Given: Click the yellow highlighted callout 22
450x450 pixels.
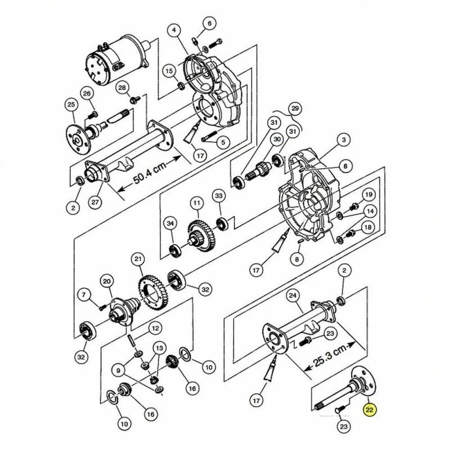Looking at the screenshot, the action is [370, 409].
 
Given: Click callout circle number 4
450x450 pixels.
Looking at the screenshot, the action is [175, 30].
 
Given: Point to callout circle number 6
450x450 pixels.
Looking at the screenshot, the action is [209, 24].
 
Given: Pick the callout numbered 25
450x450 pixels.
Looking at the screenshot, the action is [71, 105].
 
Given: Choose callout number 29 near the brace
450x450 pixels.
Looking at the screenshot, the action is [295, 109].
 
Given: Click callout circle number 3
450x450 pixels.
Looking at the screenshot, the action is [344, 140].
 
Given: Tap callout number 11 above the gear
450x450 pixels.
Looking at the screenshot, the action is [196, 204].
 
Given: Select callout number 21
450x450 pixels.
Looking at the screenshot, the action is [138, 259].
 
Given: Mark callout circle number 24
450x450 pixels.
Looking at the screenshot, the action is [292, 296].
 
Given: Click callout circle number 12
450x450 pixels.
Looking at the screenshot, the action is [155, 328].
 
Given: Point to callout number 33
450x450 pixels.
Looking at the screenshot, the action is [219, 196].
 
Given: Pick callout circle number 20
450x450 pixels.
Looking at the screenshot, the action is [107, 282].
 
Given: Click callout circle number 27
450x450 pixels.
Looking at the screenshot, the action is [95, 202].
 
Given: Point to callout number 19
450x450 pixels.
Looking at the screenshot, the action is [369, 195].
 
